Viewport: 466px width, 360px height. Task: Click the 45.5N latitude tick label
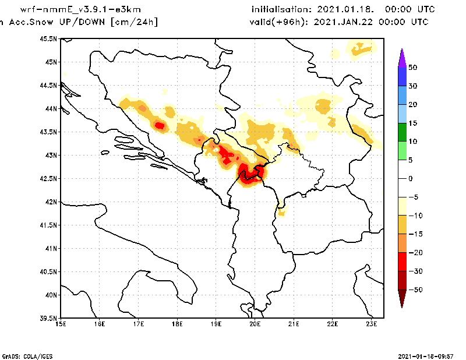[49, 38]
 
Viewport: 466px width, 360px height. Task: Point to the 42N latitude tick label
[51, 202]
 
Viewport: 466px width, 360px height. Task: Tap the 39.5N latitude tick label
[49, 318]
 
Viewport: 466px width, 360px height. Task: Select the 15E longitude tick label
[61, 324]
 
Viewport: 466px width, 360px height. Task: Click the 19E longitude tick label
[216, 324]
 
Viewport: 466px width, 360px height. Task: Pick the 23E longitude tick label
[372, 324]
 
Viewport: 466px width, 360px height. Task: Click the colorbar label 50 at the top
[412, 68]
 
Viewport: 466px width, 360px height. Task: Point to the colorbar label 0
[410, 178]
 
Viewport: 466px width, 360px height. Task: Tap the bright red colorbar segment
[402, 262]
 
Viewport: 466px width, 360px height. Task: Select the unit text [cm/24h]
[133, 22]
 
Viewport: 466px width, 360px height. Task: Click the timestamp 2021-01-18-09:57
[427, 355]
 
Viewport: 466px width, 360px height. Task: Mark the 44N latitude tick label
[51, 108]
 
